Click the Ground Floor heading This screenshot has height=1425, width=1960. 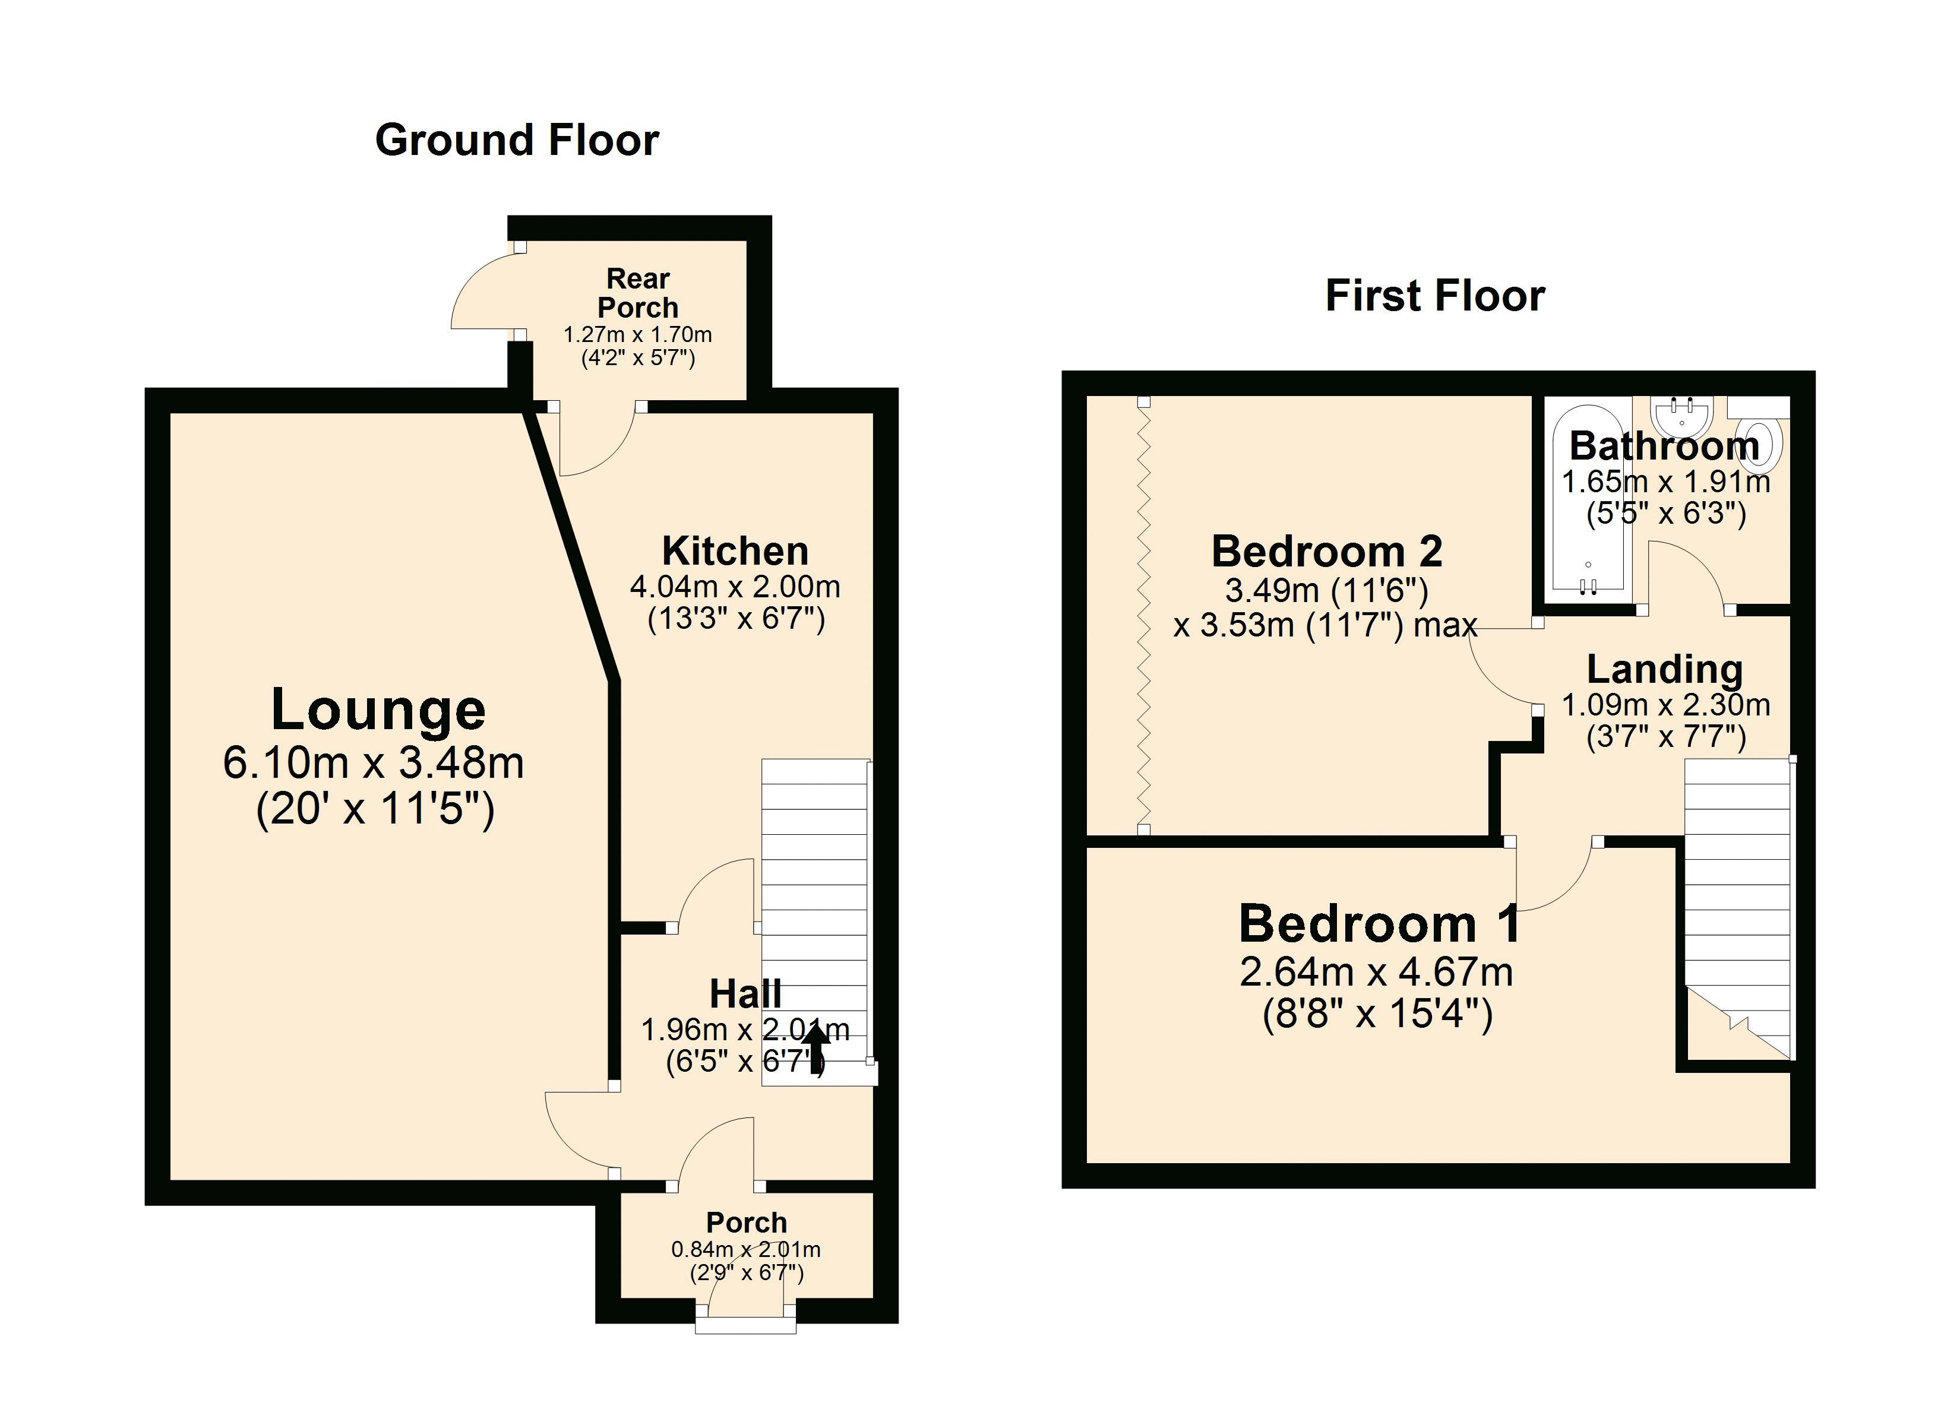pyautogui.click(x=517, y=141)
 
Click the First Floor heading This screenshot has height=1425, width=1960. pyautogui.click(x=1434, y=296)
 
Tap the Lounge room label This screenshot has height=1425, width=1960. pyautogui.click(x=378, y=710)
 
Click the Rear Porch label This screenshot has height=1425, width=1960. pyautogui.click(x=638, y=293)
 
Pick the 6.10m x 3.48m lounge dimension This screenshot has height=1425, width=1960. pyautogui.click(x=374, y=763)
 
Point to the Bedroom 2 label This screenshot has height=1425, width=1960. pyautogui.click(x=1326, y=552)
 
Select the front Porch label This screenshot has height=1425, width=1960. pyautogui.click(x=747, y=1223)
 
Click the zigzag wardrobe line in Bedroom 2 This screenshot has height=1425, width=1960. pyautogui.click(x=1144, y=615)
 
